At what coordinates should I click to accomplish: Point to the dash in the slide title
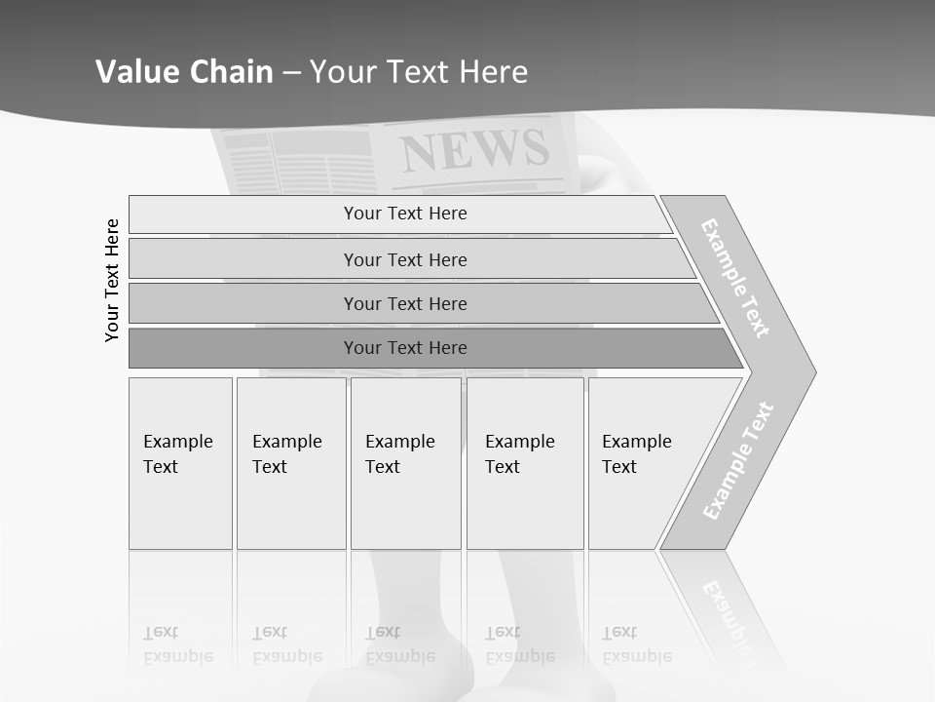[291, 73]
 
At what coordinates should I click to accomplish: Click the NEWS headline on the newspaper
[474, 150]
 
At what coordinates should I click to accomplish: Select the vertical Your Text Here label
[112, 280]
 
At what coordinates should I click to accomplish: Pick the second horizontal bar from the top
[405, 259]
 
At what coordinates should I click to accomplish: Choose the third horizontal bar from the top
[405, 303]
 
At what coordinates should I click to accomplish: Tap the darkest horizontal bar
[405, 348]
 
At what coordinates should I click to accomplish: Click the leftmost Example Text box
[180, 463]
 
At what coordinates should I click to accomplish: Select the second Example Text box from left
[290, 463]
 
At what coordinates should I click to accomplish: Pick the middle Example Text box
[405, 463]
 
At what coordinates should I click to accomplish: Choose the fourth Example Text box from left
[525, 463]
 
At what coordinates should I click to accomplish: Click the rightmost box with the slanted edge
[643, 463]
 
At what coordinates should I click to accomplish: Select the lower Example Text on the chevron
[738, 460]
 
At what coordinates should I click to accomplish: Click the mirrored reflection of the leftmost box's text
[177, 644]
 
